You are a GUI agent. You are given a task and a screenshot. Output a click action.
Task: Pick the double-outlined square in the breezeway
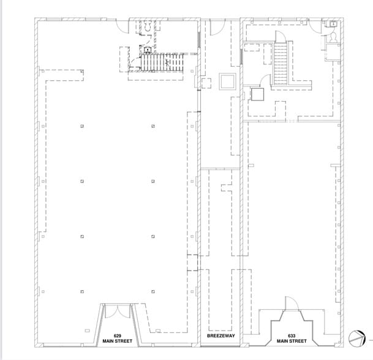(226, 81)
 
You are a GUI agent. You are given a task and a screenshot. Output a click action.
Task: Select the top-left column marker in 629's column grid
(81, 127)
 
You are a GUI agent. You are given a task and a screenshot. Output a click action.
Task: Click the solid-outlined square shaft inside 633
(257, 94)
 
